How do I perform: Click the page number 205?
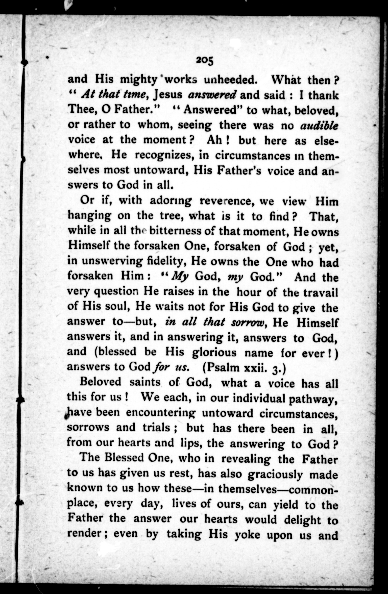205,61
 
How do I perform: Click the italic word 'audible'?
319,126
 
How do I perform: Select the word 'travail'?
320,292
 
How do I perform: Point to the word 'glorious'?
214,353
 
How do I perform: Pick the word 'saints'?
145,383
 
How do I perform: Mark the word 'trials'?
156,428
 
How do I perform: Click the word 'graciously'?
275,475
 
